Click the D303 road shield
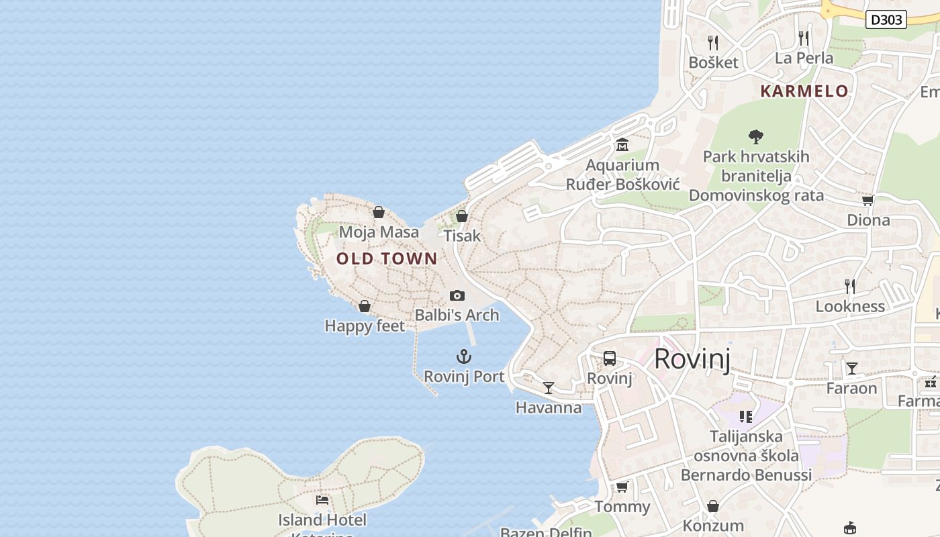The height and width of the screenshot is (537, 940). (886, 19)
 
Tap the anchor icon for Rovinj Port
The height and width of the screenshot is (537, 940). (464, 356)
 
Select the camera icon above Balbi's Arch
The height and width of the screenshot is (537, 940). (457, 295)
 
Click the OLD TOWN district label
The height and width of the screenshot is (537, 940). (387, 258)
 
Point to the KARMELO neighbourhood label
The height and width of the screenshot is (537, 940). (804, 91)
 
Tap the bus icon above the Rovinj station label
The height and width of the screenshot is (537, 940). (610, 358)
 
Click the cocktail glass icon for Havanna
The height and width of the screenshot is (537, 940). (549, 388)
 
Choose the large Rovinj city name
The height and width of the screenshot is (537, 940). (692, 358)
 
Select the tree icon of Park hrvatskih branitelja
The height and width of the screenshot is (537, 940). (756, 137)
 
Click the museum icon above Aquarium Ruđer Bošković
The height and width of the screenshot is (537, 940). (622, 145)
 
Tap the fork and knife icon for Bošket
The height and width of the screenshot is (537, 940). (713, 43)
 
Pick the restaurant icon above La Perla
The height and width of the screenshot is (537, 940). (804, 38)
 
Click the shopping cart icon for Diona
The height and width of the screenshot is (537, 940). (867, 200)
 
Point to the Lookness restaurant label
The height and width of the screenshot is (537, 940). (850, 307)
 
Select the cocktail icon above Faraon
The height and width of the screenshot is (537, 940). (852, 368)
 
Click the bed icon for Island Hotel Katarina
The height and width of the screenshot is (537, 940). (322, 500)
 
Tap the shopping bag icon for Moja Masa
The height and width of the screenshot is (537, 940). (379, 212)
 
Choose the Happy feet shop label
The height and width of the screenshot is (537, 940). (365, 326)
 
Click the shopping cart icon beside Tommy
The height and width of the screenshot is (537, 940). (622, 487)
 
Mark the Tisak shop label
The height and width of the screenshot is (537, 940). (463, 236)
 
